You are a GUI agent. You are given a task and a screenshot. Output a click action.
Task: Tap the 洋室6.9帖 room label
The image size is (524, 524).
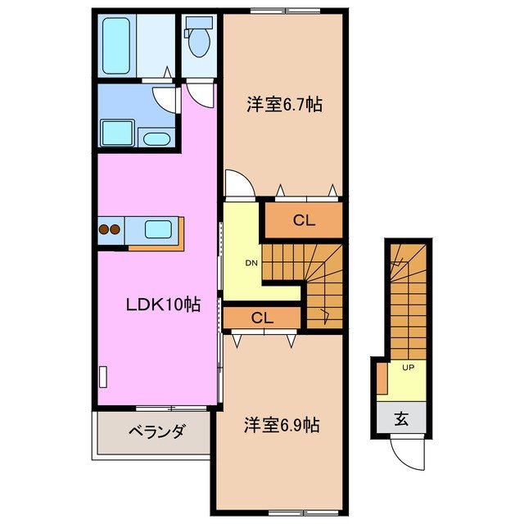pyautogui.click(x=282, y=426)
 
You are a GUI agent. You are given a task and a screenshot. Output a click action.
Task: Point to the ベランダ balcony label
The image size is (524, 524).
pyautogui.click(x=156, y=431)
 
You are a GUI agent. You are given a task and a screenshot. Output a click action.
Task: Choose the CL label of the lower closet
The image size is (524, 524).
pyautogui.click(x=262, y=318)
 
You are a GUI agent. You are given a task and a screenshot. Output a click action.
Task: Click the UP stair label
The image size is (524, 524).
pyautogui.click(x=408, y=367)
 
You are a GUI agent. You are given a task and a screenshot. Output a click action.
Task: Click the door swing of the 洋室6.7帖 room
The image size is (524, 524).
pyautogui.click(x=238, y=184)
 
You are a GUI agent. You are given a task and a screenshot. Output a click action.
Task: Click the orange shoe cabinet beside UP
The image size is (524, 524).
pyautogui.click(x=382, y=377)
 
